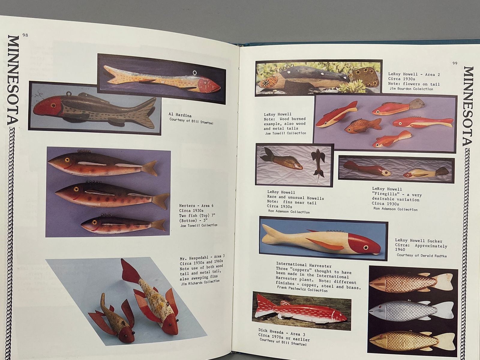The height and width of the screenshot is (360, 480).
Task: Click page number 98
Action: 25,35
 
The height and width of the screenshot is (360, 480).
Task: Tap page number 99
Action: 455,63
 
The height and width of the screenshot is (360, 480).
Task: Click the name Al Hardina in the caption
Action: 180,115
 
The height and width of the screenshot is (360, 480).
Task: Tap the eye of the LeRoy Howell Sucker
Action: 366,247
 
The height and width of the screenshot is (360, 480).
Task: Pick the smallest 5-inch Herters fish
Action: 123,225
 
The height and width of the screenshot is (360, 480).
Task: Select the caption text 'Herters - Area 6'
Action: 196,206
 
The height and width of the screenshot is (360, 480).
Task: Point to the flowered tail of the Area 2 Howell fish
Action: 364,77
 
